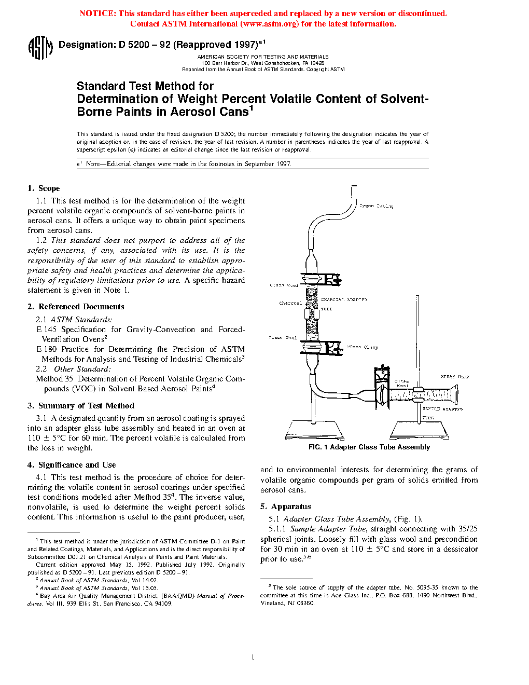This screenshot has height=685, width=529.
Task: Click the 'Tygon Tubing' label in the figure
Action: tap(377, 206)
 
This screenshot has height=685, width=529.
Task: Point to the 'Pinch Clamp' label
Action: tap(363, 347)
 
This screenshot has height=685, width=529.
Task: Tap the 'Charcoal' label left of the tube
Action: tap(290, 303)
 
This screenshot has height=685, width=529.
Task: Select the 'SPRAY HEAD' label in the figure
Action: tap(455, 377)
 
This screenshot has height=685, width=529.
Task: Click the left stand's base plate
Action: tap(315, 430)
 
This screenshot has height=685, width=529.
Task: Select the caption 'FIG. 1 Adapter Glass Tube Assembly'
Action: tap(369, 447)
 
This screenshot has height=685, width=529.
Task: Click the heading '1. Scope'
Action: tap(44, 188)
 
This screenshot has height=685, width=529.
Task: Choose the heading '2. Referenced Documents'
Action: tap(76, 307)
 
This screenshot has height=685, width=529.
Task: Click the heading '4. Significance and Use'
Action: tap(72, 465)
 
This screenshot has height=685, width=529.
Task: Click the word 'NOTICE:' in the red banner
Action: tap(98, 13)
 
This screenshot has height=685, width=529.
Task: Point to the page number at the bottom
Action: tap(253, 657)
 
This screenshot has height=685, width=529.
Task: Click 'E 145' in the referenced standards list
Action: tap(46, 330)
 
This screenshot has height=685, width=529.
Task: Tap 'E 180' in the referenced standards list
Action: tap(46, 349)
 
